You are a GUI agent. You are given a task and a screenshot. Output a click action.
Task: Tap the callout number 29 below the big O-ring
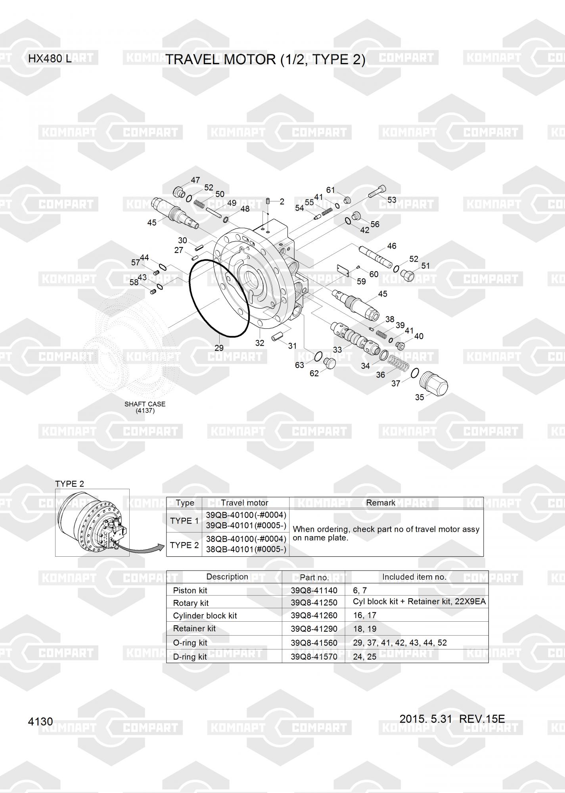click(x=219, y=348)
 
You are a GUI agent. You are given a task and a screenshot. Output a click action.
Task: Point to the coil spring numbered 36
click(x=398, y=363)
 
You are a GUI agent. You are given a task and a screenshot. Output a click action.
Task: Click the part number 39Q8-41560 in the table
click(x=314, y=642)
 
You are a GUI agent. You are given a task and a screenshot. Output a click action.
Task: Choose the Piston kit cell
click(x=190, y=590)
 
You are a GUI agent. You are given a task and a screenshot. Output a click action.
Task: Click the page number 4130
click(x=40, y=721)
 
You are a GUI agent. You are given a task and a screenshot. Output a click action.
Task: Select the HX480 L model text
click(x=50, y=59)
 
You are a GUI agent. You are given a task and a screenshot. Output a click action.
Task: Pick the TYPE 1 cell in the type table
click(x=184, y=521)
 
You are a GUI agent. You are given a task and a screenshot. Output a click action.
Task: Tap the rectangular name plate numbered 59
click(x=343, y=270)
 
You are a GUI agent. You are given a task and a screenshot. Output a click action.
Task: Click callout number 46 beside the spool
click(x=391, y=246)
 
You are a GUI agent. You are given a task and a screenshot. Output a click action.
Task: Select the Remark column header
click(x=381, y=503)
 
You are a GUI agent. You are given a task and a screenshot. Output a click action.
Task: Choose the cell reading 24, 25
click(x=364, y=656)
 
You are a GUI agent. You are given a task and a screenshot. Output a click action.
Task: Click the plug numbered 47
click(x=179, y=192)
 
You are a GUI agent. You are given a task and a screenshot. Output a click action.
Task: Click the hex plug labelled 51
click(x=408, y=274)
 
